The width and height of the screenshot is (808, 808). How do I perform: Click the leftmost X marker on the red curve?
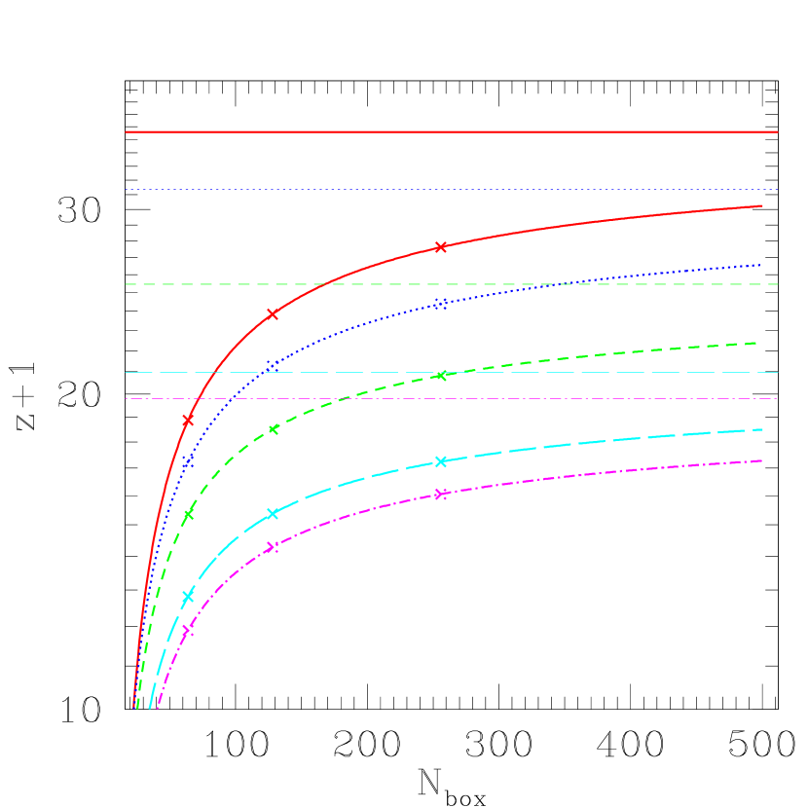(188, 420)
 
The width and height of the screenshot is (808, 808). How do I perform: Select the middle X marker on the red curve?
(273, 314)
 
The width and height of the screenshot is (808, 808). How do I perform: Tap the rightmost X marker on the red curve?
(441, 247)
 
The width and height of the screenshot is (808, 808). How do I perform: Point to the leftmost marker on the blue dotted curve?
(188, 462)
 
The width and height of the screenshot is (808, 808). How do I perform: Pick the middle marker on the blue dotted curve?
(273, 364)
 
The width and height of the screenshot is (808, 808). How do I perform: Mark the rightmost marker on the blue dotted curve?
(441, 304)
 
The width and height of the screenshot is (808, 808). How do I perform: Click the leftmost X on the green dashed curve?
(188, 514)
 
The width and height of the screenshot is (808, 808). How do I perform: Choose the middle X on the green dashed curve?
(273, 428)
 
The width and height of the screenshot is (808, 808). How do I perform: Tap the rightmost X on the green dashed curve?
(441, 375)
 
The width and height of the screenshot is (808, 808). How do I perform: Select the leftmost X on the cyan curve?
(188, 597)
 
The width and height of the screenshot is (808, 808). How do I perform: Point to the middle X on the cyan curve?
(273, 513)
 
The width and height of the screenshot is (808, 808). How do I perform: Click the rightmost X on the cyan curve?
(441, 461)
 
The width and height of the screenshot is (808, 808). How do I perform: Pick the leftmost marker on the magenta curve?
(188, 630)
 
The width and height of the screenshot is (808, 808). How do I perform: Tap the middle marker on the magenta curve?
(273, 547)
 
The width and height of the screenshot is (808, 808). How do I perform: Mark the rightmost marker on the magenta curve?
(441, 494)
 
